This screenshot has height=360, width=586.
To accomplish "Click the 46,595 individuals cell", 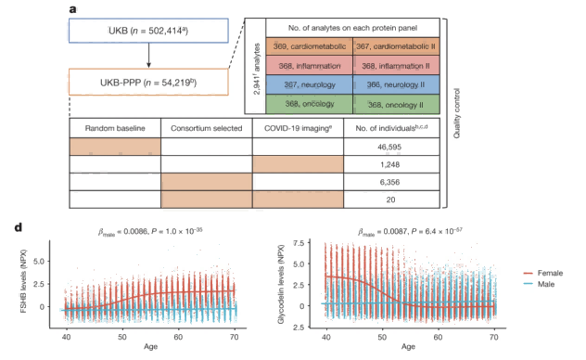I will click(389, 147).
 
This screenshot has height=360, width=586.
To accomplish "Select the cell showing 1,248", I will click(389, 164).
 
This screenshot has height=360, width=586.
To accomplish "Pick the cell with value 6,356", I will click(389, 182).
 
